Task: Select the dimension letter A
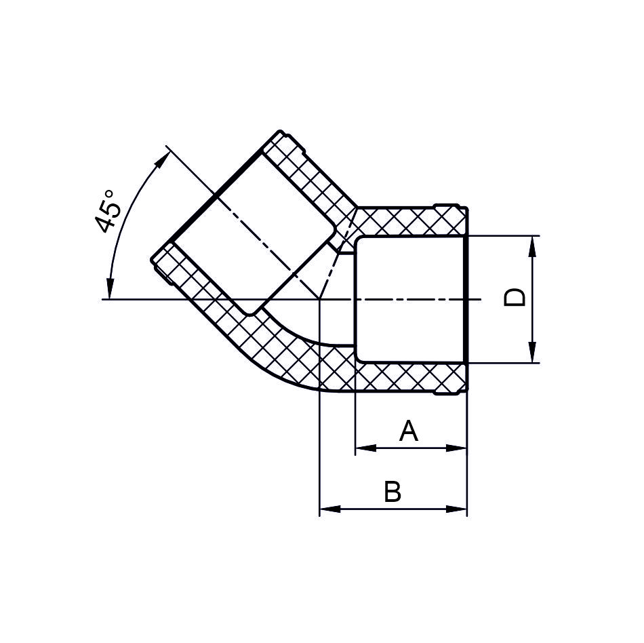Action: pyautogui.click(x=409, y=431)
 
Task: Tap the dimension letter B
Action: pyautogui.click(x=393, y=491)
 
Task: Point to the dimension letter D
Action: pyautogui.click(x=515, y=297)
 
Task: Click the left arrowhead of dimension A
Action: pyautogui.click(x=365, y=448)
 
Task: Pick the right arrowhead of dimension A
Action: pyautogui.click(x=456, y=448)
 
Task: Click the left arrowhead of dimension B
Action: pyautogui.click(x=330, y=509)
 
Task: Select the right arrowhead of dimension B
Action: pyautogui.click(x=456, y=509)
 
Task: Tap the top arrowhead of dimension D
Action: pyautogui.click(x=532, y=246)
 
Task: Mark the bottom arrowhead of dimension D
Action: pyautogui.click(x=532, y=353)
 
